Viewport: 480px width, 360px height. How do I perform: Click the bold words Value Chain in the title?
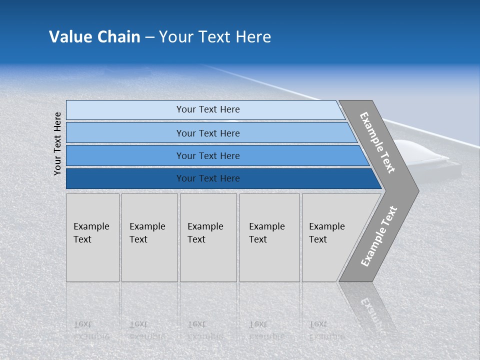(x=94, y=37)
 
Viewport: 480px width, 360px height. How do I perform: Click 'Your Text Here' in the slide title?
(x=215, y=37)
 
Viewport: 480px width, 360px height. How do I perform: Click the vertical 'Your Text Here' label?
(x=58, y=144)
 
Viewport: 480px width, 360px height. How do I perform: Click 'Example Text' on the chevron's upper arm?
(x=377, y=142)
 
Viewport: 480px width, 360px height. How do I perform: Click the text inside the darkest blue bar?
(x=208, y=178)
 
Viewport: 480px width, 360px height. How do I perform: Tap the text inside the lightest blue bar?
(x=208, y=109)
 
